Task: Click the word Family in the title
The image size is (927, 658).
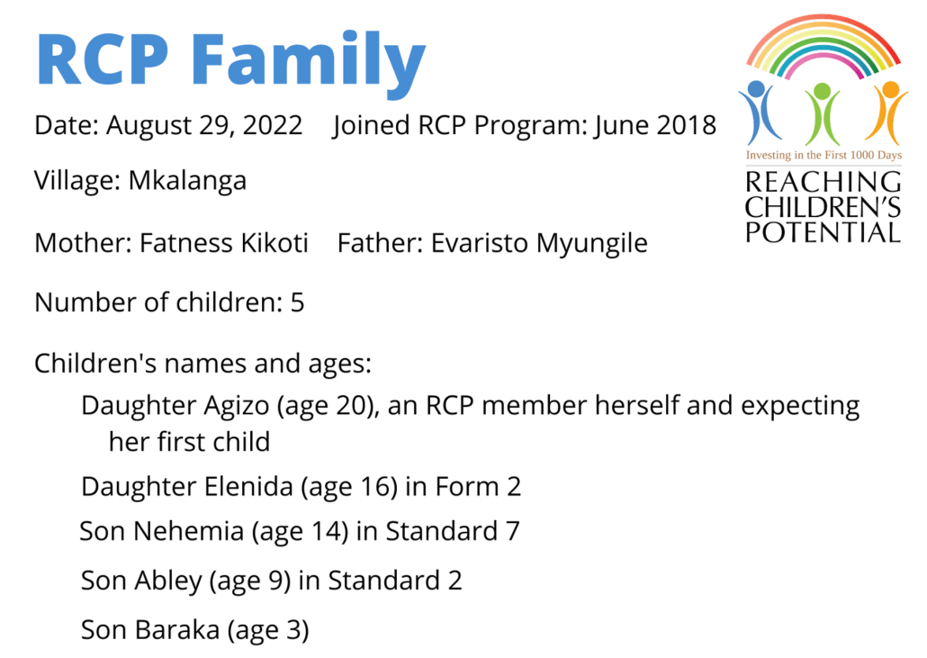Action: tap(308, 62)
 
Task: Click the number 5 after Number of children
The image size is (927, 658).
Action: tap(297, 302)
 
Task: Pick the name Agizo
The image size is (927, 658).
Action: tap(237, 407)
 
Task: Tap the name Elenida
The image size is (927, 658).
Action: tap(248, 487)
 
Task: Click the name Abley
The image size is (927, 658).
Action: tap(168, 581)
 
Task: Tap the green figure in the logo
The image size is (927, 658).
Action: tap(823, 113)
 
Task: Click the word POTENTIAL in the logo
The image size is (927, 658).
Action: tap(823, 232)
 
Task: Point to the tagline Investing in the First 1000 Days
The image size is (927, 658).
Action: tap(823, 155)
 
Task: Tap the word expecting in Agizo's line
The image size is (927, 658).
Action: tap(800, 407)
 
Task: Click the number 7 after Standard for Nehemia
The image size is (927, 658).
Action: tap(512, 531)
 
